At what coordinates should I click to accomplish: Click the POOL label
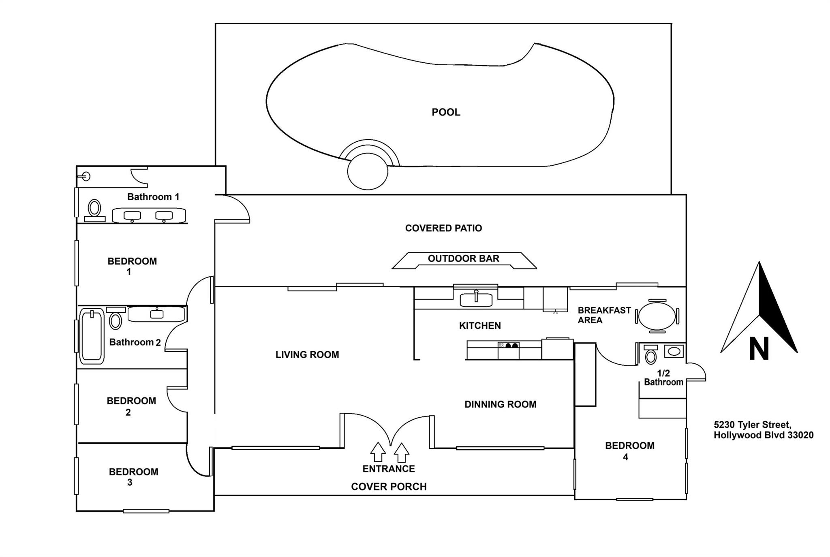point(446,112)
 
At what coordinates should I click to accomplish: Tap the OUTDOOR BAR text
point(463,258)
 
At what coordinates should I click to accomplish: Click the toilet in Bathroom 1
point(95,208)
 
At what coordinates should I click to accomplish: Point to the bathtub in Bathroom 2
point(92,336)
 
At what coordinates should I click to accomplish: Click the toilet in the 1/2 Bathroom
point(651,356)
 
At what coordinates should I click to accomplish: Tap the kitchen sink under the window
point(476,300)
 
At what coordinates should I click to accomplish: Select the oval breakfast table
point(657,316)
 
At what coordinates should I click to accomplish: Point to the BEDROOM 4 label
point(629,451)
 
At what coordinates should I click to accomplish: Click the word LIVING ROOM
point(307,355)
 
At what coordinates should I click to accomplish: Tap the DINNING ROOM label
point(500,404)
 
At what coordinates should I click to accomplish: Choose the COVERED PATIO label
point(443,228)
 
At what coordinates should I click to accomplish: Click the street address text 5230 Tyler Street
point(752,425)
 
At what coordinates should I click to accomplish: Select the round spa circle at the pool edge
point(368,171)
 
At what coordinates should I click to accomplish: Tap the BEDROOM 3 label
point(133,477)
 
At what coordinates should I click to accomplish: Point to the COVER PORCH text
point(389,487)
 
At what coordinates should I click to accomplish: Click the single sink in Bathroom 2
point(156,314)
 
